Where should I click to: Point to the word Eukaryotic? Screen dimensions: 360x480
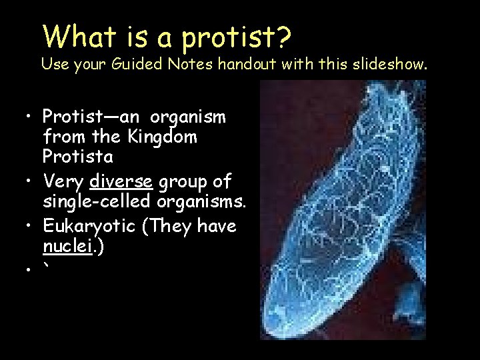pyautogui.click(x=85, y=227)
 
